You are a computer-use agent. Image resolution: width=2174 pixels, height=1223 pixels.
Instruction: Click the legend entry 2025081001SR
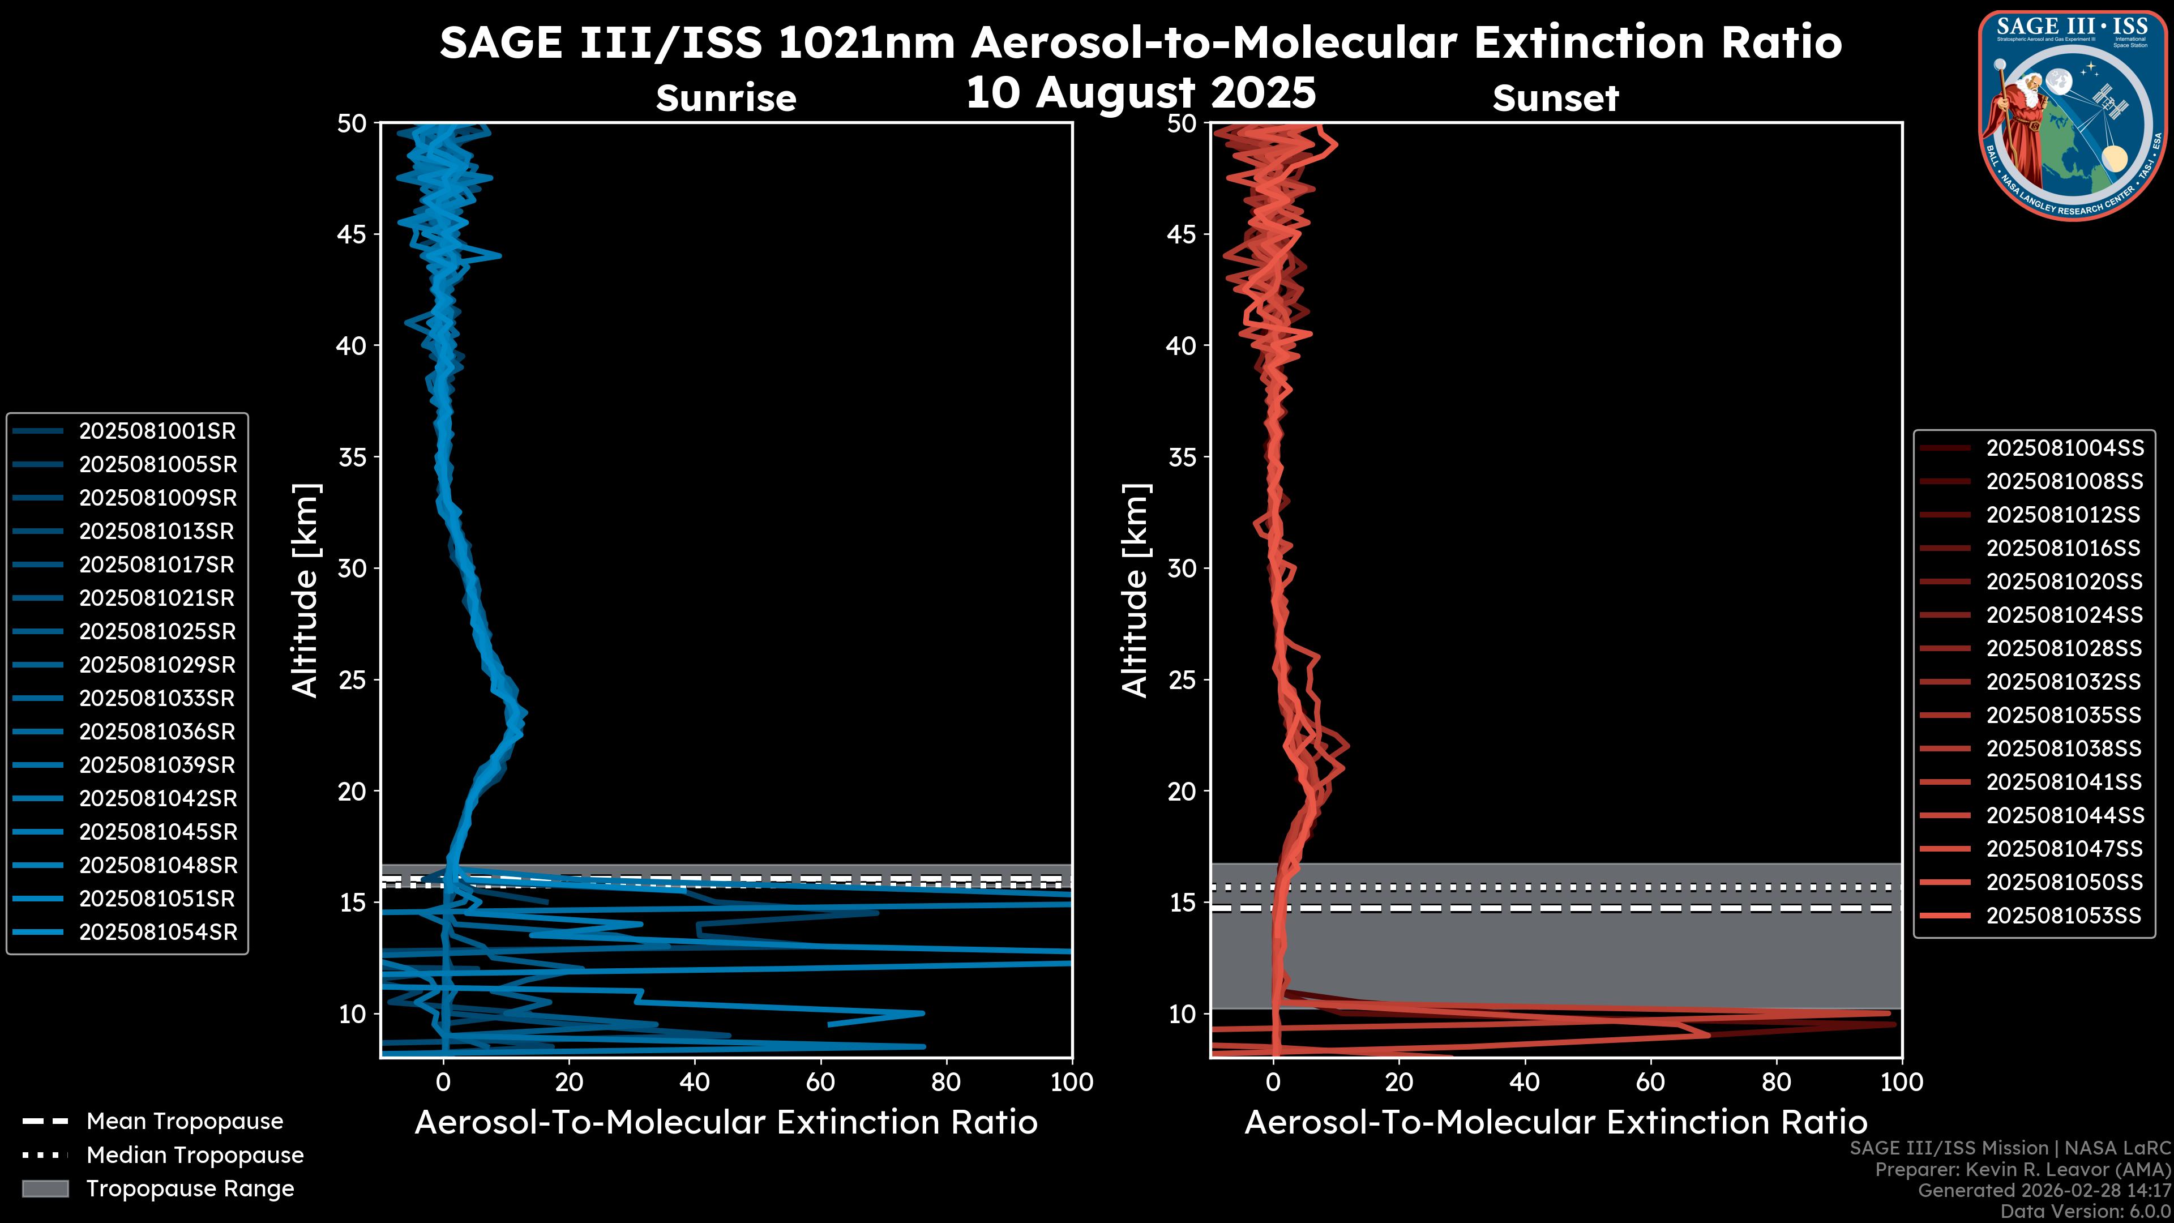coord(157,431)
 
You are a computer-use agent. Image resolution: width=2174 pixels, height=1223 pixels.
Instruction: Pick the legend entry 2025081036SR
coord(157,732)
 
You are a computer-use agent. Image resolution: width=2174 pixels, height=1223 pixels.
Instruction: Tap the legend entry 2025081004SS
coord(2064,448)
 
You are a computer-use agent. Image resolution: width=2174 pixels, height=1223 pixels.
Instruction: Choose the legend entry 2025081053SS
coord(2064,916)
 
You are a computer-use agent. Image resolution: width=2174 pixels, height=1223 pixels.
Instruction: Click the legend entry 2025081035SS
coord(2064,716)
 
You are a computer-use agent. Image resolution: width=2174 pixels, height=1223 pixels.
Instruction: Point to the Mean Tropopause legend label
coord(185,1122)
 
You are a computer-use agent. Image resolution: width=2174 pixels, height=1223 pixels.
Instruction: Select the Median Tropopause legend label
coord(195,1156)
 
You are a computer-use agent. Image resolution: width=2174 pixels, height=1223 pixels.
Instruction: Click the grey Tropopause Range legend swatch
coord(45,1188)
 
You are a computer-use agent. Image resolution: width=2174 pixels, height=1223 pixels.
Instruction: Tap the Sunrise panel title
coord(726,98)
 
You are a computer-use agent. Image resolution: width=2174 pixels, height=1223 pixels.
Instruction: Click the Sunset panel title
coord(1555,98)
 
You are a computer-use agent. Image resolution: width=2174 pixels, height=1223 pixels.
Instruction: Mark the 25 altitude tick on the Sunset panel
coord(1182,680)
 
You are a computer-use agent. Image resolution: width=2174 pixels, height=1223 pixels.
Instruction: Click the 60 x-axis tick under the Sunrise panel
coord(820,1083)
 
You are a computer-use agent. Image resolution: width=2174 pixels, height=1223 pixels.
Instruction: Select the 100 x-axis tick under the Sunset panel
coord(1902,1083)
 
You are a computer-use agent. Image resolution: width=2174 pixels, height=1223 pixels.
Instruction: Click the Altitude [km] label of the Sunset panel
coord(1135,591)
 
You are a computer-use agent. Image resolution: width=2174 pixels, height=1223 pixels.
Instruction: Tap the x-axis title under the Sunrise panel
coord(726,1123)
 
